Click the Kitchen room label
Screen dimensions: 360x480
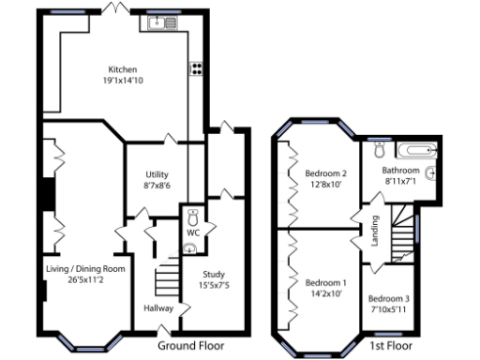coord(123,69)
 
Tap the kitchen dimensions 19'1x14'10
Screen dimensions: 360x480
coord(123,81)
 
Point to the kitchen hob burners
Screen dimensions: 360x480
coord(197,67)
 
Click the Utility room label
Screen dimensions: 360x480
coord(157,174)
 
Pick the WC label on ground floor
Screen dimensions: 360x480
coord(193,232)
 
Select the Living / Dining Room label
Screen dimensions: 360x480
coord(85,268)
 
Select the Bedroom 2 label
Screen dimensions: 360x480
coord(326,172)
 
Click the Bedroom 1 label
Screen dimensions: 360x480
coord(325,282)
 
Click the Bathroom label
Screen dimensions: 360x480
coord(401,170)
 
